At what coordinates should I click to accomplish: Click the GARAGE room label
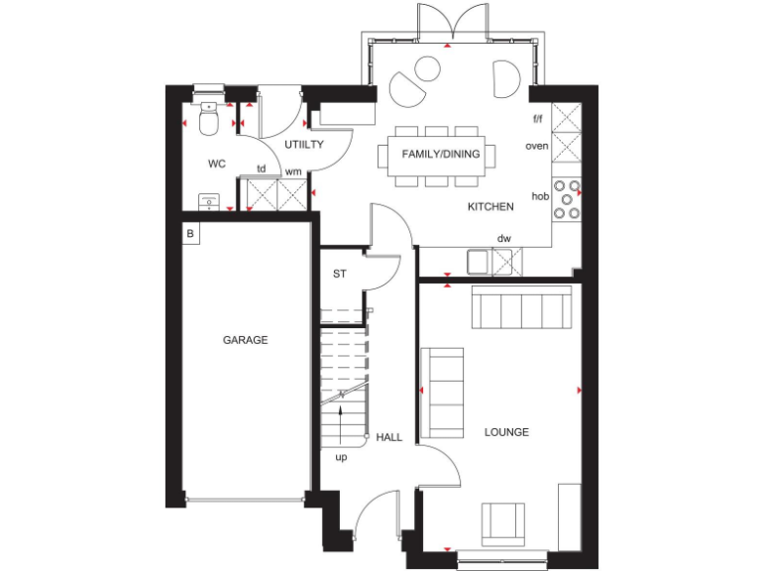[x=245, y=340]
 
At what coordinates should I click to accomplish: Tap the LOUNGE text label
[x=506, y=432]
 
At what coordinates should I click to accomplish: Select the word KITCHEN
[x=490, y=207]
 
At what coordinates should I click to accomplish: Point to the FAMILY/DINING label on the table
[x=441, y=154]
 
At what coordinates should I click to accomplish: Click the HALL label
[x=389, y=436]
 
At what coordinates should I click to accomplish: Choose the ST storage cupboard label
[x=339, y=275]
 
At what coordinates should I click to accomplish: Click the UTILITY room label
[x=304, y=145]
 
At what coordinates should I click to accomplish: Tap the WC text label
[x=218, y=163]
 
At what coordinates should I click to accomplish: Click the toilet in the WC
[x=209, y=119]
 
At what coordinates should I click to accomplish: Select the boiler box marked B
[x=190, y=235]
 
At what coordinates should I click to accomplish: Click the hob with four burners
[x=567, y=197]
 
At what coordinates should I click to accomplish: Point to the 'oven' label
[x=537, y=146]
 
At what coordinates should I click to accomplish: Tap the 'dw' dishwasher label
[x=503, y=238]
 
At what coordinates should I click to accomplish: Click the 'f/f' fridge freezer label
[x=538, y=119]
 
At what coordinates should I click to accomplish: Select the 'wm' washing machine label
[x=293, y=171]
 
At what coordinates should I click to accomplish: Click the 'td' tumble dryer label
[x=262, y=169]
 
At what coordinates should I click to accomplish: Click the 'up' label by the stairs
[x=341, y=458]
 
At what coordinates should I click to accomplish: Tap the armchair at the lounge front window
[x=503, y=522]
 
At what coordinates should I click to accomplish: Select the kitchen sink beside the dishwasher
[x=479, y=261]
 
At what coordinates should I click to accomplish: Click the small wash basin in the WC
[x=209, y=201]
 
